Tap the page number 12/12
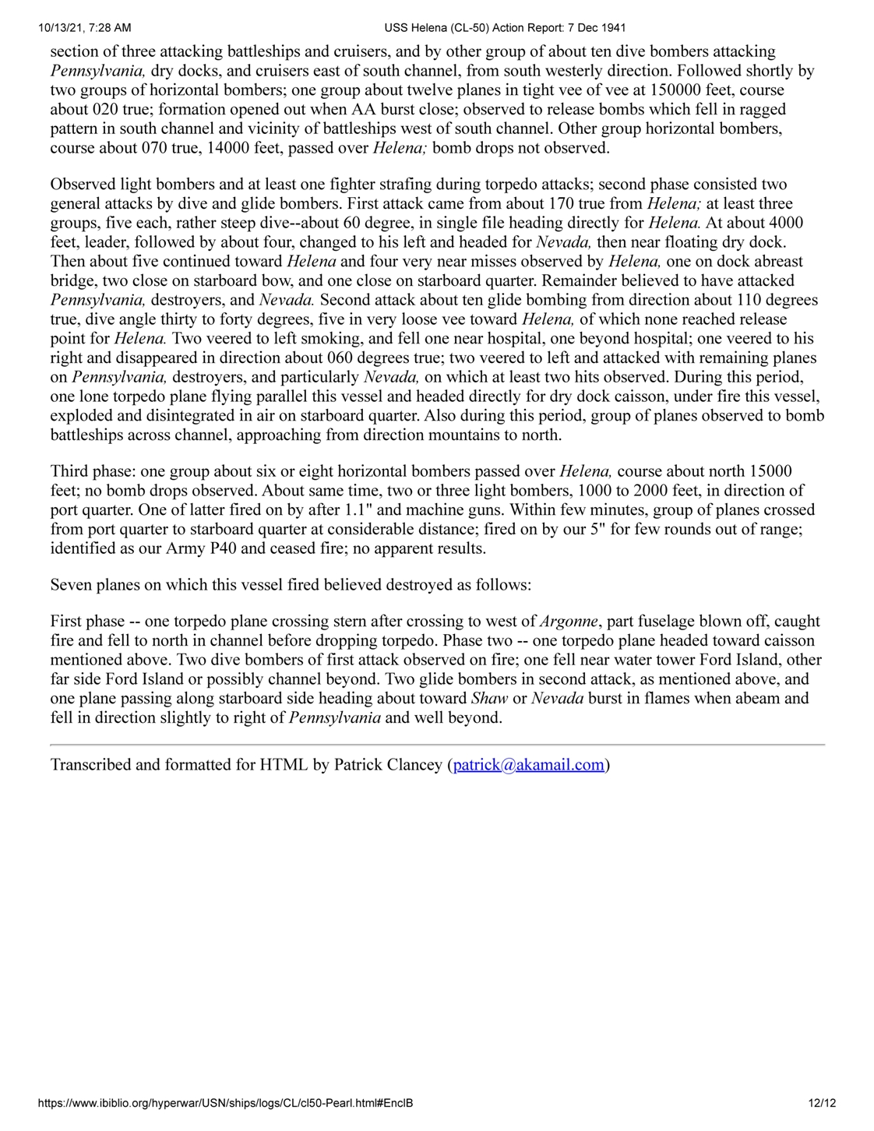click(822, 1103)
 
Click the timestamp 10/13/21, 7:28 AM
click(85, 28)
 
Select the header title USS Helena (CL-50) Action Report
click(505, 28)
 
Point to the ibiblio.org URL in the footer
click(225, 1103)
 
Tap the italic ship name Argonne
click(569, 622)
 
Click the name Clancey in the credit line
click(414, 765)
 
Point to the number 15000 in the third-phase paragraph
click(770, 472)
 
